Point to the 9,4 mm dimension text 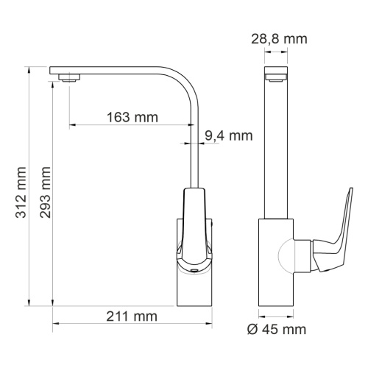click(229, 135)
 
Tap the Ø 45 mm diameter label click(277, 329)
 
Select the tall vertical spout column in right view click(277, 147)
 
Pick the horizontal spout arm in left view click(118, 71)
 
